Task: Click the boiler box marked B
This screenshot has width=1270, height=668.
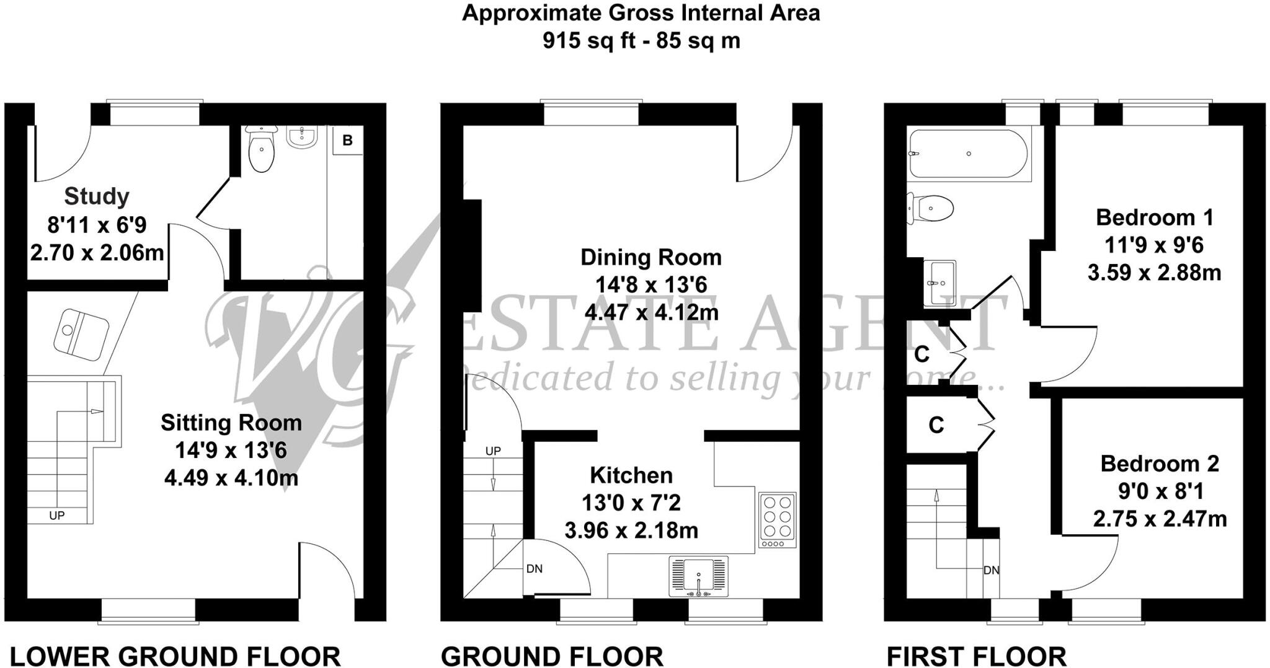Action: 347,141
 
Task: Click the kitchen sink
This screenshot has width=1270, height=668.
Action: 699,576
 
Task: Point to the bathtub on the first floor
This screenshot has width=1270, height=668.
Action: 968,154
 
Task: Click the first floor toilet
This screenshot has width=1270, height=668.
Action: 930,209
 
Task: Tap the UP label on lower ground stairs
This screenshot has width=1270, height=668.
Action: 57,516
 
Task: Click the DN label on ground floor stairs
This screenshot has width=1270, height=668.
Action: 534,568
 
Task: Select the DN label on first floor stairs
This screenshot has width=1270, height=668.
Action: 991,570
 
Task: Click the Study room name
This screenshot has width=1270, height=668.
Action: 97,196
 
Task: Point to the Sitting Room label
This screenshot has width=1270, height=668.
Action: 231,423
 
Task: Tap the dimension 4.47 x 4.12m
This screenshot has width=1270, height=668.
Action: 651,312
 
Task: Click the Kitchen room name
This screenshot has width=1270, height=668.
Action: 631,475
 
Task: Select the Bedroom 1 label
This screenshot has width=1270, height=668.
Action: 1155,218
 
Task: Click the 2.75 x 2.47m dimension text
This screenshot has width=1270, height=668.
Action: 1160,519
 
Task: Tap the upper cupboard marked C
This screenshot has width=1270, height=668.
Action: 922,354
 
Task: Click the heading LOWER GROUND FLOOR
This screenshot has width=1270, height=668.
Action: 175,656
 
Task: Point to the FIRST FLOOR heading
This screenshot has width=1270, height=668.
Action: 976,656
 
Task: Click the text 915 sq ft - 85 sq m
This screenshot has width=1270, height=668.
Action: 641,41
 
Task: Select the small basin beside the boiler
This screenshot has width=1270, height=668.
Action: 302,137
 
